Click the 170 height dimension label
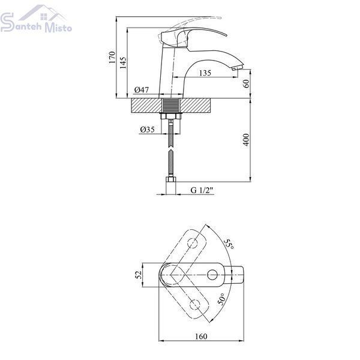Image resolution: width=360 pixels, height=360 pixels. coord(112,58)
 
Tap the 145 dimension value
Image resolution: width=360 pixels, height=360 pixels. coord(123,63)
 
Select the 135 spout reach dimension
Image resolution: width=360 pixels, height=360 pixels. coord(205,73)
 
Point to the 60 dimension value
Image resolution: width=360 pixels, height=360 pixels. coord(246,83)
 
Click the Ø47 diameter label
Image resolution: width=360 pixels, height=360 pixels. coord(142,90)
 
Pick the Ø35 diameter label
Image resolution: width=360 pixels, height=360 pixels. coord(147,130)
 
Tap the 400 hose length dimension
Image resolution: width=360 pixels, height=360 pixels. coord(246,140)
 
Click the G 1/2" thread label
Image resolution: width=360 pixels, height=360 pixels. coord(202,190)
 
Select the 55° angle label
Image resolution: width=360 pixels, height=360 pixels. coord(229,245)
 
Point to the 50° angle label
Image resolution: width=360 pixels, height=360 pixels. coord(222,299)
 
